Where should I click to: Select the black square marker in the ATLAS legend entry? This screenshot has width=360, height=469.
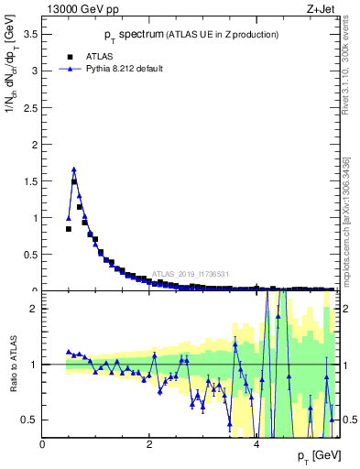tap(70, 56)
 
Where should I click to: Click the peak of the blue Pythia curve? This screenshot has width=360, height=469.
tap(74, 169)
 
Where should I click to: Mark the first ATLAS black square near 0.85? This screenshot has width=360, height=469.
tap(69, 229)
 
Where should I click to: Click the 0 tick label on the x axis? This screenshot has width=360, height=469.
tap(43, 444)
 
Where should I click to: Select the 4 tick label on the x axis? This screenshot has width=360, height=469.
tap(256, 444)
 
